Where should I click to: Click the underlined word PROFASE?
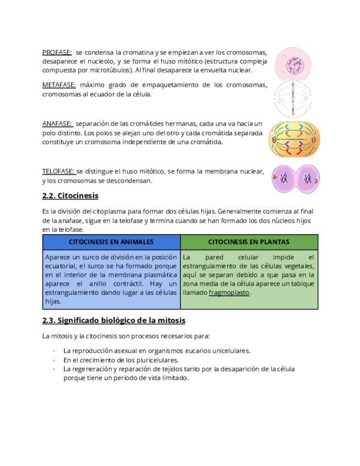pos(57,52)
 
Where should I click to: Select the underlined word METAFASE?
pos(59,85)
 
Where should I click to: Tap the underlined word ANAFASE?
pos(57,124)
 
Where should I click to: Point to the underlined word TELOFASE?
pos(59,171)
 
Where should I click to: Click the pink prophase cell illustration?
pos(293,62)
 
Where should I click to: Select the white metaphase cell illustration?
pos(292,99)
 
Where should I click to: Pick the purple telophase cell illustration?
pos(296,178)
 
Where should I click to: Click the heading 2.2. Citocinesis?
pos(70,196)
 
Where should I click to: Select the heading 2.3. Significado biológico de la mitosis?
pos(113,320)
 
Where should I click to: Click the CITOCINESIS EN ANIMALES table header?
pos(111,242)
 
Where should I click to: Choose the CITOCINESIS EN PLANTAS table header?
pos(248,242)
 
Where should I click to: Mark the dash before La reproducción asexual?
pos(54,351)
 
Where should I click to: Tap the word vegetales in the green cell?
pos(297,266)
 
